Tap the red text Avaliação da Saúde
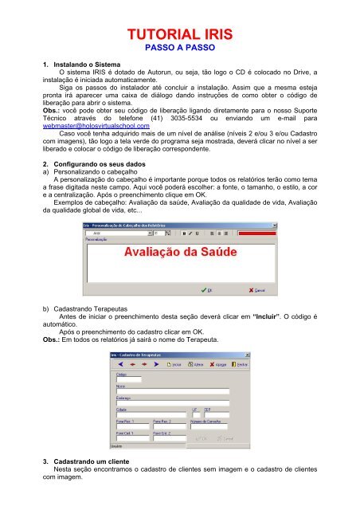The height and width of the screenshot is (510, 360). [x=179, y=253]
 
